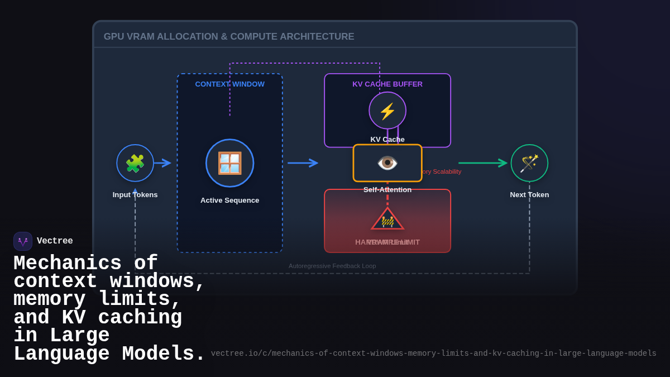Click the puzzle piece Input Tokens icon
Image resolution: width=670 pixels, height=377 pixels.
coord(135,163)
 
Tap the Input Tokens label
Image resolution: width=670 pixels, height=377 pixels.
coord(135,195)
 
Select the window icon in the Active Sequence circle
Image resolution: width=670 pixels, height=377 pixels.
coord(229,163)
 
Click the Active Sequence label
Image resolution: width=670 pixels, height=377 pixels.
coord(229,201)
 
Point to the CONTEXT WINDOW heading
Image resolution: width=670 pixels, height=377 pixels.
coord(229,84)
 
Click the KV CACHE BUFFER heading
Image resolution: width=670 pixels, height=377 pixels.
coord(387,84)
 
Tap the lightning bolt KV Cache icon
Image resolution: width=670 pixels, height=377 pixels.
coord(387,111)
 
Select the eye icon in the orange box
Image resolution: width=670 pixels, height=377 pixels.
coord(387,163)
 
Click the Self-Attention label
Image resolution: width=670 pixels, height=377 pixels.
coord(387,190)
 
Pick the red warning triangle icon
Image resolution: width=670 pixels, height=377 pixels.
coord(387,219)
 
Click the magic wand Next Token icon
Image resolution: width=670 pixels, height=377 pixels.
coord(529,163)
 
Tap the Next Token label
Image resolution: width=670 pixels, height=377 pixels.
coord(529,195)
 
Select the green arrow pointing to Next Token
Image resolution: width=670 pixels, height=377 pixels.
coord(483,163)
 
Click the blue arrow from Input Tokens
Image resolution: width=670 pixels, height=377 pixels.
coord(162,163)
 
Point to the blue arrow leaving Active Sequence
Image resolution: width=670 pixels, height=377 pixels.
coord(303,163)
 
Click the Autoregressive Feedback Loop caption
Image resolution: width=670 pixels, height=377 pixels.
coord(332,266)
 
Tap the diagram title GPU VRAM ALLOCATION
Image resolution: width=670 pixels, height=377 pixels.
coord(229,37)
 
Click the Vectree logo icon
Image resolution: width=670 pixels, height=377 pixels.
coord(23,241)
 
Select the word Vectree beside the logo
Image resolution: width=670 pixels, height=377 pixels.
coord(55,241)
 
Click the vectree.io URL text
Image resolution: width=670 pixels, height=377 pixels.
coord(433,354)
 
